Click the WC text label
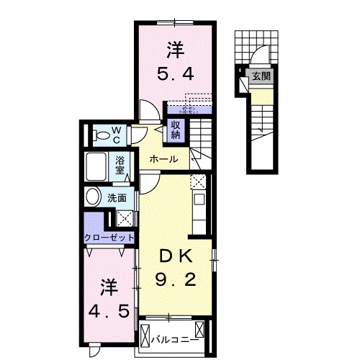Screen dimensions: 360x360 (117, 134)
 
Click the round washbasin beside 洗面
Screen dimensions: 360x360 (94, 197)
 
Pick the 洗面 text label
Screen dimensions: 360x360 (118, 197)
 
